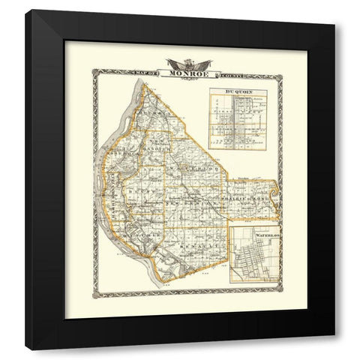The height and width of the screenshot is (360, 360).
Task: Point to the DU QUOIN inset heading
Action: (237, 92)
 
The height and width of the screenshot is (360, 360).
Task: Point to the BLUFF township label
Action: (147, 190)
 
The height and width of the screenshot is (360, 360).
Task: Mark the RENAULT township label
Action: (198, 244)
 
